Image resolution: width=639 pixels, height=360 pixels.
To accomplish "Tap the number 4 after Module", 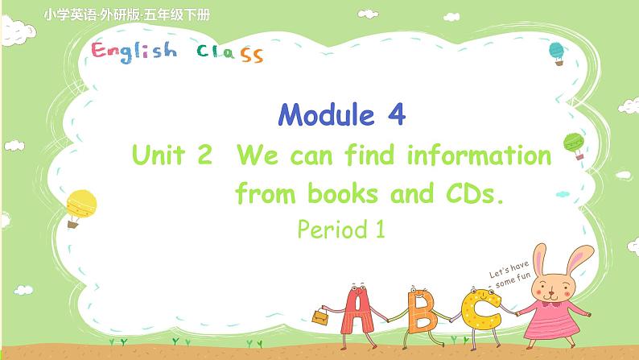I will [394, 116].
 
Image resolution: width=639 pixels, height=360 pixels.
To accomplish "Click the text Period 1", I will [342, 231].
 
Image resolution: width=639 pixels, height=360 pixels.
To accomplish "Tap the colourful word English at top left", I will [134, 52].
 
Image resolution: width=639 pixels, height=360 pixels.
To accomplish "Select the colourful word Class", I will [229, 54].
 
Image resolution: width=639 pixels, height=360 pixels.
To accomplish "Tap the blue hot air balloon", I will [556, 52].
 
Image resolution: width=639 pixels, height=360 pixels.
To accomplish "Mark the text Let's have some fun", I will [505, 271].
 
